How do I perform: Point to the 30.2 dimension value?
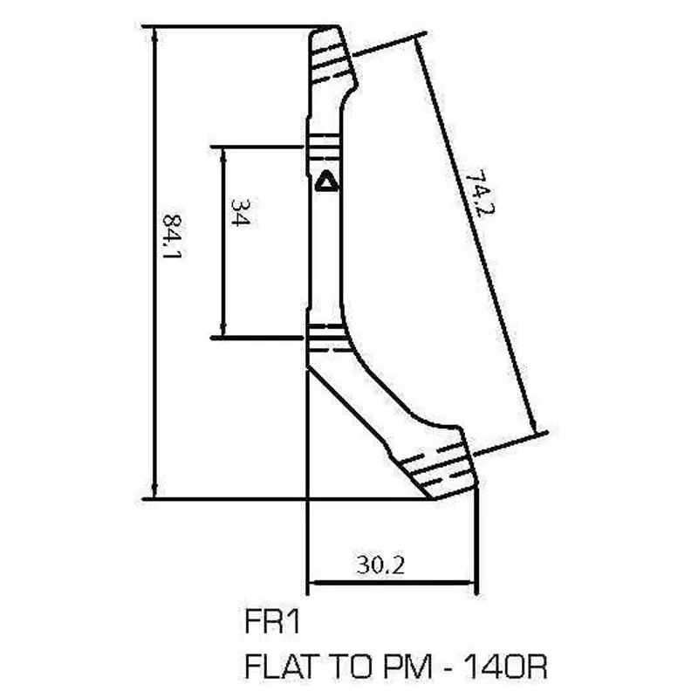click(380, 565)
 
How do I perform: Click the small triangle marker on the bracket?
click(326, 182)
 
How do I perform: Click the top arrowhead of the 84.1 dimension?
click(154, 32)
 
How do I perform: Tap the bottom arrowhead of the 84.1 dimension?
click(154, 493)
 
